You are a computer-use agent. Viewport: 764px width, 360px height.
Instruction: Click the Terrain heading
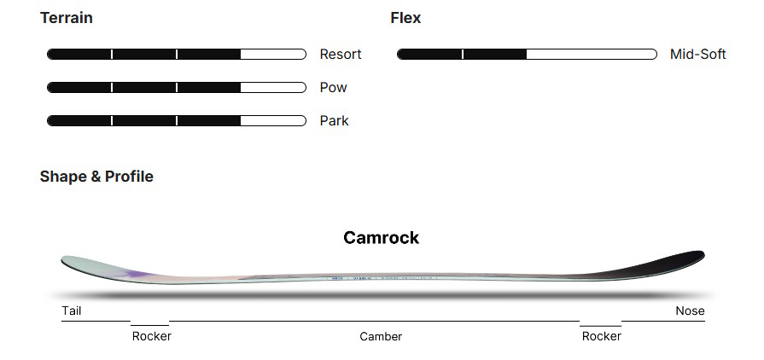pos(67,18)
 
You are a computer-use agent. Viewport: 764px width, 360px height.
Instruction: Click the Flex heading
pos(405,18)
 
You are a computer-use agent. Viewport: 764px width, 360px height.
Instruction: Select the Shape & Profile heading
pos(96,177)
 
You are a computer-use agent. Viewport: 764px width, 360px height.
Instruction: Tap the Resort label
pos(341,55)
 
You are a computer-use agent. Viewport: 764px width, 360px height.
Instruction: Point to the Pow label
pos(333,88)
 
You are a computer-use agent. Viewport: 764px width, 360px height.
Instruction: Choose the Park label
pos(334,121)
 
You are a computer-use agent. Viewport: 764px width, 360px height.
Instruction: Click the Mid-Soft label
pos(697,55)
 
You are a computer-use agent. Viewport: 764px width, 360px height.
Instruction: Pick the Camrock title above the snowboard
pos(381,237)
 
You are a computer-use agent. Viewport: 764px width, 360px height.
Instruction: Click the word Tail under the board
pos(72,311)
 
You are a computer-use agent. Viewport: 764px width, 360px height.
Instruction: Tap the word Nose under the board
pos(690,311)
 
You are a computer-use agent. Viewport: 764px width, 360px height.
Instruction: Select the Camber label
pos(381,336)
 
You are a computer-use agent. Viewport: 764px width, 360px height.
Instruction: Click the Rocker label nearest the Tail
pos(151,336)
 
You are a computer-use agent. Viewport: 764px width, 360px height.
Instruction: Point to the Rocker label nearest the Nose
pos(601,336)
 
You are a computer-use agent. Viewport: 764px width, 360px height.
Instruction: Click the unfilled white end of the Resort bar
pos(272,55)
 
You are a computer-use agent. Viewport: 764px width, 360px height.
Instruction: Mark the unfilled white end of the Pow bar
pos(272,88)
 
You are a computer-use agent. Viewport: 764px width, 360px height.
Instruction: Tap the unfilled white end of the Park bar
pos(272,121)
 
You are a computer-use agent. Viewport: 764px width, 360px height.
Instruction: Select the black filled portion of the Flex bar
pos(461,55)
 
